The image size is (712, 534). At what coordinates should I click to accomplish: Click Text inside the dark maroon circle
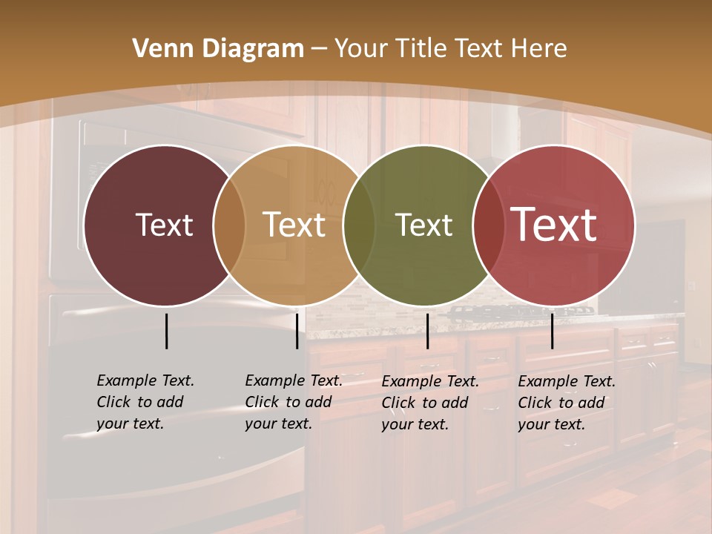pyautogui.click(x=164, y=225)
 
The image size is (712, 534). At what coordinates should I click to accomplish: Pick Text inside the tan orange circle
pyautogui.click(x=294, y=225)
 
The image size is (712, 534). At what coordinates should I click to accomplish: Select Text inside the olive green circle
pyautogui.click(x=423, y=225)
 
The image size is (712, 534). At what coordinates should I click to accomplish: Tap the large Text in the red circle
pyautogui.click(x=554, y=224)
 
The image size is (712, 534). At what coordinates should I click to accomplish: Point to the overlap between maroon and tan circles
pyautogui.click(x=229, y=225)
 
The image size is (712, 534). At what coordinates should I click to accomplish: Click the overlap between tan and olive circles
pyautogui.click(x=359, y=225)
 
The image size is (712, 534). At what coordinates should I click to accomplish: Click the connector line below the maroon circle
pyautogui.click(x=166, y=331)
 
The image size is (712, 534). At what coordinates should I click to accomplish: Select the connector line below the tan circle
pyautogui.click(x=297, y=331)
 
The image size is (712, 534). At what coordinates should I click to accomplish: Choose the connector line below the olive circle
pyautogui.click(x=427, y=331)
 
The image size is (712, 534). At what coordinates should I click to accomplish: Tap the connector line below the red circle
pyautogui.click(x=552, y=331)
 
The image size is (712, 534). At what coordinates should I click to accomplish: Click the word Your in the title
pyautogui.click(x=360, y=49)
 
